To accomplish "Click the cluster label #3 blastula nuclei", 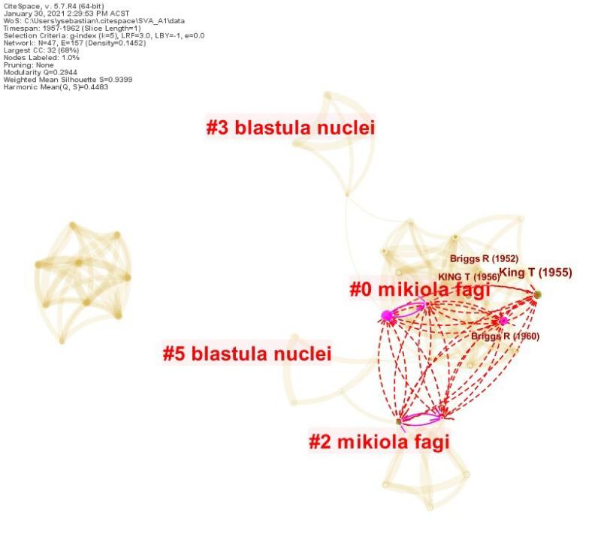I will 291,128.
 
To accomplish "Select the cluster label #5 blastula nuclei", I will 247,353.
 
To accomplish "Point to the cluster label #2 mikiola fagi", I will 379,442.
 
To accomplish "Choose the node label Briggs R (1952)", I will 484,259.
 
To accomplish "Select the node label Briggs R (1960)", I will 505,336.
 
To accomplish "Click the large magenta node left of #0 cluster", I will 388,315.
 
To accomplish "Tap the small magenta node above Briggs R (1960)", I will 503,321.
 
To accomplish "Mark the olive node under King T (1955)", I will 537,294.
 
